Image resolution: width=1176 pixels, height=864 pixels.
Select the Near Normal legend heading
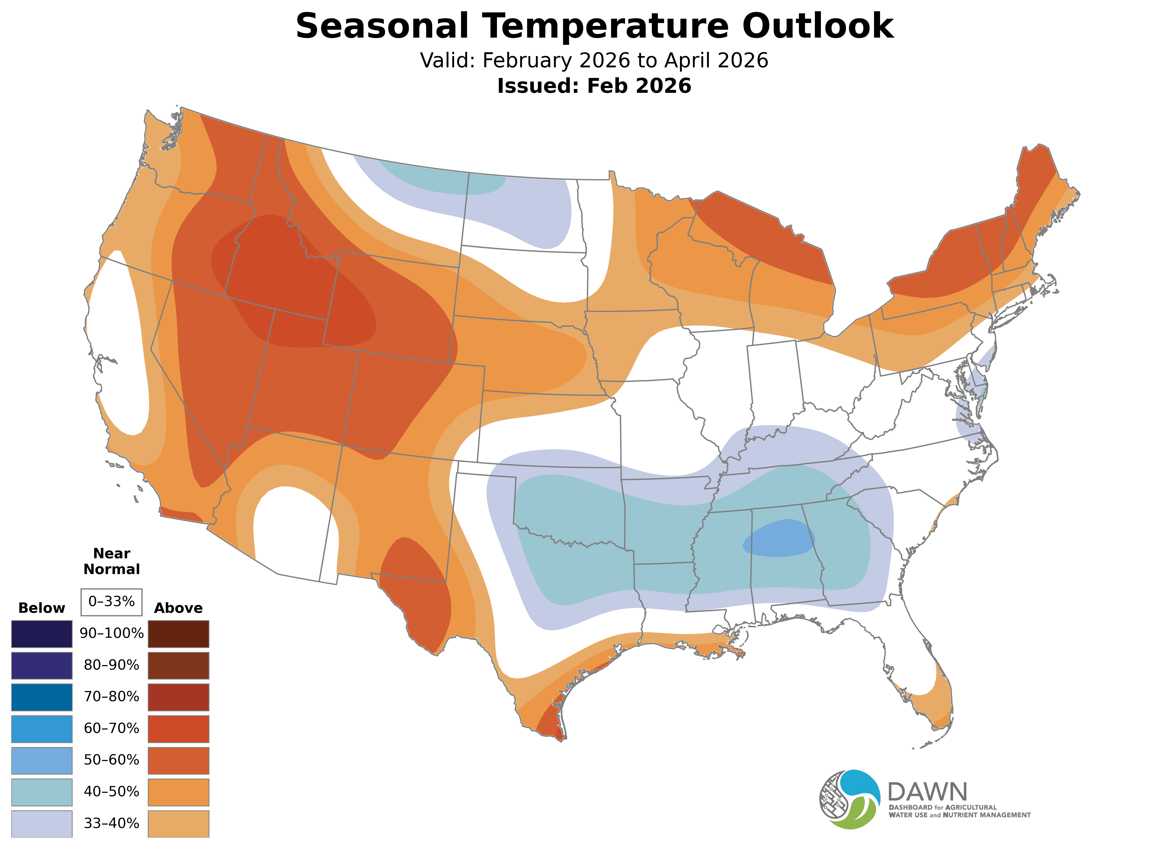pyautogui.click(x=111, y=561)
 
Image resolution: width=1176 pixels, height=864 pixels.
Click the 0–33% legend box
pyautogui.click(x=111, y=602)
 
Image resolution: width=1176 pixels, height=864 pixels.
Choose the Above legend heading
pyautogui.click(x=178, y=608)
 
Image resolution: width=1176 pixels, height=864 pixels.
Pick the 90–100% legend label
pyautogui.click(x=111, y=633)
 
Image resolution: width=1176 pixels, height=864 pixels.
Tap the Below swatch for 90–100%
pyautogui.click(x=42, y=634)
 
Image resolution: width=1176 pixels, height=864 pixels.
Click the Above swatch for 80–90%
pyautogui.click(x=178, y=665)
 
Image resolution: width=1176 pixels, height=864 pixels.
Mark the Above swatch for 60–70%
pyautogui.click(x=178, y=729)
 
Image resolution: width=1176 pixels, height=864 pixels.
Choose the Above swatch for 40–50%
pyautogui.click(x=178, y=792)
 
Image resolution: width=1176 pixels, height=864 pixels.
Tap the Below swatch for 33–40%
pyautogui.click(x=42, y=824)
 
